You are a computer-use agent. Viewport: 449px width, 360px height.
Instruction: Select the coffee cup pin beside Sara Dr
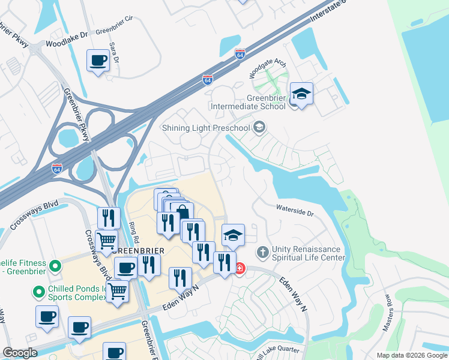[x=98, y=61]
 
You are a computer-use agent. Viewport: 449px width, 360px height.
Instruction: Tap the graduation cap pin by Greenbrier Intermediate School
[x=301, y=94]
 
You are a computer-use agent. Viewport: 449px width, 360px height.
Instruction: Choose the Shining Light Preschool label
[x=206, y=127]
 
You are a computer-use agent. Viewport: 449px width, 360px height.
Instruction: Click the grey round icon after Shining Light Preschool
[x=259, y=127]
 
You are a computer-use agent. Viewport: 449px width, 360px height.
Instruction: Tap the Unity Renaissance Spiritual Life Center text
[x=309, y=253]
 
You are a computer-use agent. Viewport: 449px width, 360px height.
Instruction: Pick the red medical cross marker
[x=240, y=268]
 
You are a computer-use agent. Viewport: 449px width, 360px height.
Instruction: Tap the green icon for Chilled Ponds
[x=39, y=292]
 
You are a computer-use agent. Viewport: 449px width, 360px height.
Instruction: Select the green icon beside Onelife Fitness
[x=55, y=265]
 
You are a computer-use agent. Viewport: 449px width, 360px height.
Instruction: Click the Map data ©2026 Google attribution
[x=412, y=355]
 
